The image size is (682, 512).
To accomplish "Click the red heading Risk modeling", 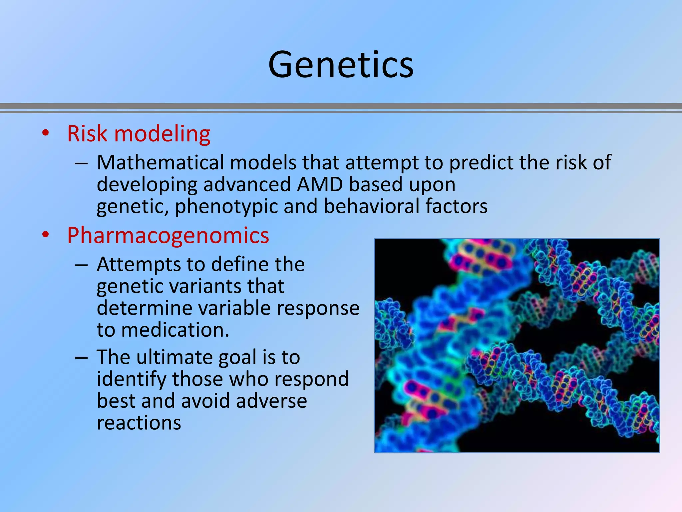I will [139, 134].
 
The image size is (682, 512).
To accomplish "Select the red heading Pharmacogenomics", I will [168, 235].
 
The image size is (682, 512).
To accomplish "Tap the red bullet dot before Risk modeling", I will [46, 133].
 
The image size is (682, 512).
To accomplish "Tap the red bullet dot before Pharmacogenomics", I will [46, 235].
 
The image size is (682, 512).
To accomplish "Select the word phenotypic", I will [226, 207].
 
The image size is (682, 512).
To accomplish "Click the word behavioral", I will [371, 206].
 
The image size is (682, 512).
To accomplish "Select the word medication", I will [175, 330].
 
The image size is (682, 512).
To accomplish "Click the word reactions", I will [139, 423].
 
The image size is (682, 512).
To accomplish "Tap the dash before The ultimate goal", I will [81, 357].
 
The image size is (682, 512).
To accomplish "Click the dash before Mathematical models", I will [81, 163].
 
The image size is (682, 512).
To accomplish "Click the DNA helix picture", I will [517, 345].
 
